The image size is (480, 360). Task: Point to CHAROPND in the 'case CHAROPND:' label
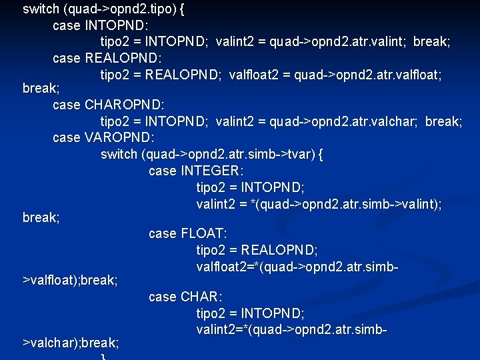(x=125, y=105)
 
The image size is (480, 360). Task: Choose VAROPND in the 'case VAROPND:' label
(x=120, y=137)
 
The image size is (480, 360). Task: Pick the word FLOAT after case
(x=204, y=233)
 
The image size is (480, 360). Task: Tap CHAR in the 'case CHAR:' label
(x=201, y=297)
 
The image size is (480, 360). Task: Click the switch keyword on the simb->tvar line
(x=119, y=154)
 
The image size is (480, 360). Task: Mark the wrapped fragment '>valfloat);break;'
(x=70, y=281)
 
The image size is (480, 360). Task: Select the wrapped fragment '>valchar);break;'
(x=71, y=343)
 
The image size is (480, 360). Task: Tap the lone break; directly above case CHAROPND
(x=41, y=89)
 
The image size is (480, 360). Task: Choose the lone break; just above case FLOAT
(x=41, y=218)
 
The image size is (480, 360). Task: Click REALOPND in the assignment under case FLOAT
(x=279, y=250)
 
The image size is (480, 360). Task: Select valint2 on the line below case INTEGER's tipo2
(x=217, y=203)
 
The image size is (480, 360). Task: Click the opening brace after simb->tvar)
(x=321, y=154)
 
